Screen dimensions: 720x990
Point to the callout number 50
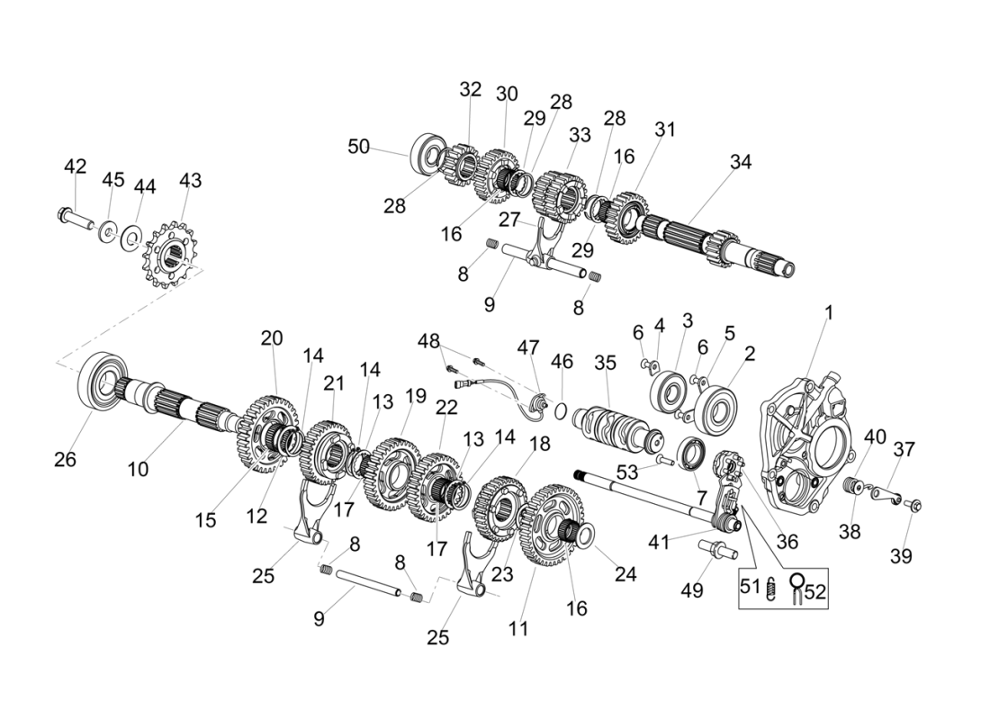[x=359, y=147]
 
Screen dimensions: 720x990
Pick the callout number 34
[x=740, y=162]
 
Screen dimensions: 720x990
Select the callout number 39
[x=901, y=556]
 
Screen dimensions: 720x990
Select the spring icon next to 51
[x=771, y=590]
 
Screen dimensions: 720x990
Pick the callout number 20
[x=272, y=338]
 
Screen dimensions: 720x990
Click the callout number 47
[x=527, y=347]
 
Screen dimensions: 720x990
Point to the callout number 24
[x=625, y=574]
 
